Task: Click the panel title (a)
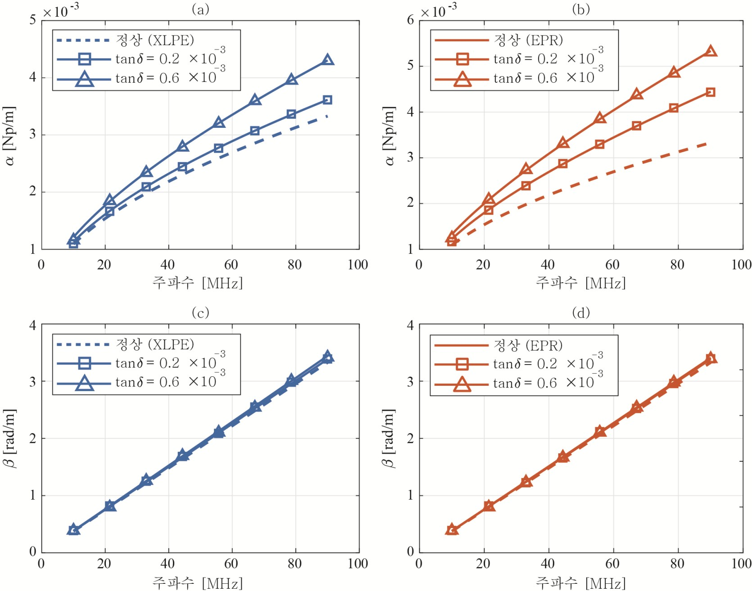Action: point(200,9)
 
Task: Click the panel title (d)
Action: point(580,312)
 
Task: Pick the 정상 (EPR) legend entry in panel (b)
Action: point(528,41)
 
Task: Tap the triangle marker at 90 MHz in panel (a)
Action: point(328,60)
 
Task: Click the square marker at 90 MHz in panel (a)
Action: point(327,100)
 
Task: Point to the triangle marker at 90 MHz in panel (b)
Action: point(711,51)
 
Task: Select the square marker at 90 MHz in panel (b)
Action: point(711,92)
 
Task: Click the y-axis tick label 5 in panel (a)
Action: point(33,20)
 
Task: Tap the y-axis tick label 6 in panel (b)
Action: point(410,20)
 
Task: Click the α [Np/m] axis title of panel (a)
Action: point(10,135)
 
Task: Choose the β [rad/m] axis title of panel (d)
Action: point(388,438)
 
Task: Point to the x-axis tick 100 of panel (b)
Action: point(741,265)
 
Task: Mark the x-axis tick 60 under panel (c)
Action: point(231,564)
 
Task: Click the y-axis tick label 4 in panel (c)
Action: point(33,325)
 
